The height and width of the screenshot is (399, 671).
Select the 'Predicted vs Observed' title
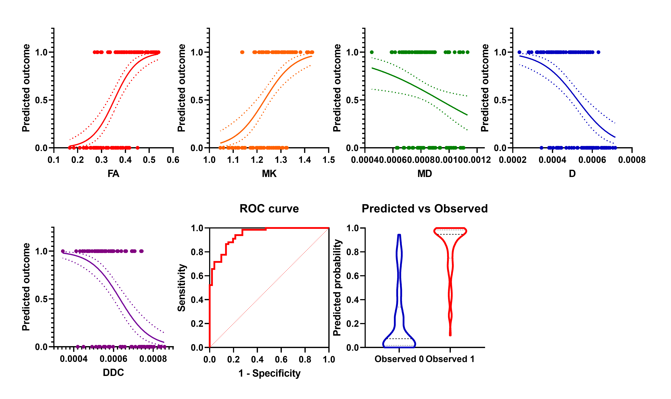[x=425, y=209]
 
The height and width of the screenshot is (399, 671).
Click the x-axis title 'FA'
[x=113, y=174]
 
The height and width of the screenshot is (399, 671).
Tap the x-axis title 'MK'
[x=269, y=174]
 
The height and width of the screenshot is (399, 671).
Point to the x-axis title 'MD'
[x=425, y=174]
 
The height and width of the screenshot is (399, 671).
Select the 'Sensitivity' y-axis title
[x=182, y=288]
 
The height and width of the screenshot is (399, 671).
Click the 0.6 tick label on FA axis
[x=173, y=160]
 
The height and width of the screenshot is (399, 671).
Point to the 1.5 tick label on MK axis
[x=328, y=160]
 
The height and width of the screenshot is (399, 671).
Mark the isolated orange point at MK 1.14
[x=242, y=52]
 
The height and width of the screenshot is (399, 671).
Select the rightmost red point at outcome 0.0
[x=138, y=148]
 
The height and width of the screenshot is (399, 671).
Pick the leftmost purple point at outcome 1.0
[x=63, y=251]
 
